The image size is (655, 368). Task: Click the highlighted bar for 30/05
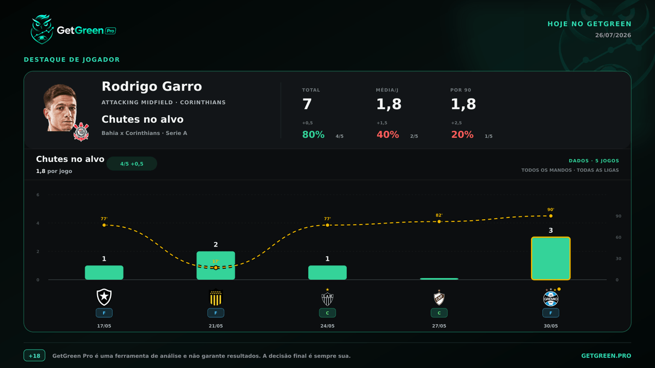click(x=551, y=258)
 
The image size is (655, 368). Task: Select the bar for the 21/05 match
click(x=216, y=265)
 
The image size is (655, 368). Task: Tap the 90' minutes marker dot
click(x=551, y=216)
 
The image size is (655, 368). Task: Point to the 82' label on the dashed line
click(x=439, y=215)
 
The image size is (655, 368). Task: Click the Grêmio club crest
click(x=551, y=298)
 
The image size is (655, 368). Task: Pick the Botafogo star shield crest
click(x=104, y=297)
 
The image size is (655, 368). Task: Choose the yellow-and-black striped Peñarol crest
click(x=216, y=297)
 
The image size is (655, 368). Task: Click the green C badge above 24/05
click(x=327, y=313)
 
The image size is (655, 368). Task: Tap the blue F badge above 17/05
click(x=104, y=313)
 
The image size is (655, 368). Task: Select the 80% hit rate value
click(x=313, y=135)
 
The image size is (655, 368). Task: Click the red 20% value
click(x=462, y=135)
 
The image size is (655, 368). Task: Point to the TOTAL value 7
click(x=307, y=104)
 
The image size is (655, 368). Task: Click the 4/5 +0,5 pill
click(x=132, y=164)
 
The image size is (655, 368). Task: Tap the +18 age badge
click(x=34, y=355)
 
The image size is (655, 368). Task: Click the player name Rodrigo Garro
click(x=152, y=87)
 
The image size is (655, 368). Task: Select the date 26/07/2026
click(x=613, y=35)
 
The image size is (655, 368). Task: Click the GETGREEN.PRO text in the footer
click(x=606, y=355)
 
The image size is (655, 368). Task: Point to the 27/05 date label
click(x=439, y=326)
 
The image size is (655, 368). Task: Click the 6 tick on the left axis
click(x=38, y=195)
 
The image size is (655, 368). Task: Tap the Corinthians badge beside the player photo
click(x=81, y=132)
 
